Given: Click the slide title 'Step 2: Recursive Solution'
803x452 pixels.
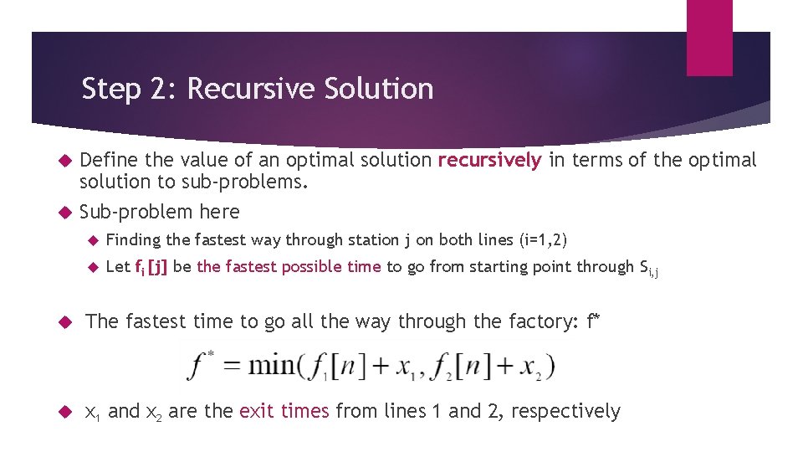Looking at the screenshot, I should (x=258, y=89).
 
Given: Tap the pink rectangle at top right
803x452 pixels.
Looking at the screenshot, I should (x=709, y=38).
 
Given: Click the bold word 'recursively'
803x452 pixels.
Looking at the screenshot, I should (x=490, y=161).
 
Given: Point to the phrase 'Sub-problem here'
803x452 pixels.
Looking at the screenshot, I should (x=159, y=212).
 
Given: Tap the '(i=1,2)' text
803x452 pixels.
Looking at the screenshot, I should (x=543, y=240).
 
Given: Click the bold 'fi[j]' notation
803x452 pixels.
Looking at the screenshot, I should (x=151, y=267).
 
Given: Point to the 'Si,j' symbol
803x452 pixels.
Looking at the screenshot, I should (x=648, y=269).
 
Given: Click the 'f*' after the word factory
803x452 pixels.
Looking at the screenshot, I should (x=594, y=321).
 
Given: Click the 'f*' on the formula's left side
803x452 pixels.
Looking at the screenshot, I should (x=202, y=365).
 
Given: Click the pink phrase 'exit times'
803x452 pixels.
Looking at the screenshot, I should (x=284, y=411).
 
